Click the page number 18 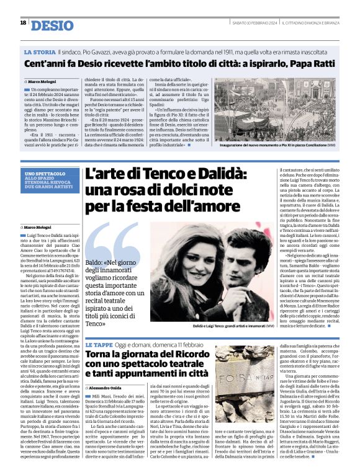23,23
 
